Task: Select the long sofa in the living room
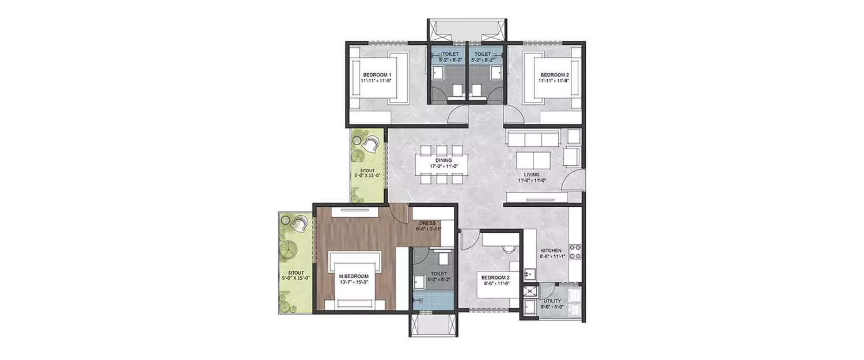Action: click(x=533, y=138)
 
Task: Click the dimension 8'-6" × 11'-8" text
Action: click(x=497, y=283)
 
